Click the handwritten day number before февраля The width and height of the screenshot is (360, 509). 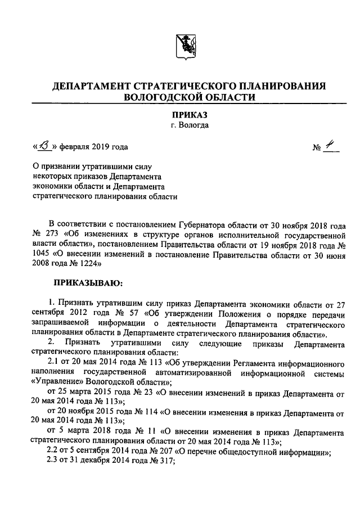[43, 147]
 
